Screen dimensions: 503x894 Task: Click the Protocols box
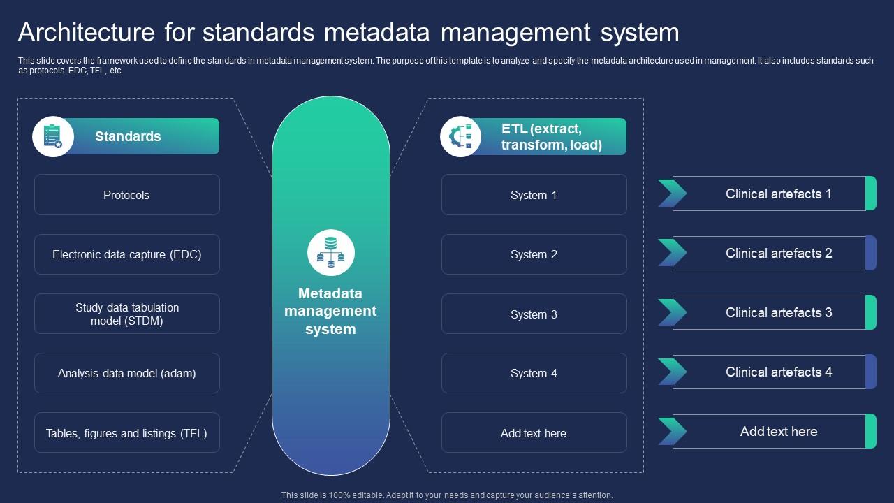[x=126, y=195]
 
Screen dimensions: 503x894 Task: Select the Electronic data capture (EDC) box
[x=126, y=254]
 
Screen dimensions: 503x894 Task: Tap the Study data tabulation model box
[x=126, y=314]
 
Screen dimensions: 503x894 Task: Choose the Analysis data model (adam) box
[x=126, y=373]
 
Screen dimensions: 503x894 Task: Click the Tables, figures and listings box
[x=126, y=433]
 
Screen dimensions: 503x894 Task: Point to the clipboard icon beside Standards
[x=53, y=136]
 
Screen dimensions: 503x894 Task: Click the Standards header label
[x=128, y=136]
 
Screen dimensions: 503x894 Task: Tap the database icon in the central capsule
[x=331, y=252]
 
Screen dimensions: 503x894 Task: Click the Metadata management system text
[x=330, y=311]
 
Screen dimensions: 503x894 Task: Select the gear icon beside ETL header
[x=460, y=136]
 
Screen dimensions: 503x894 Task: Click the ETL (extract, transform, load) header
[x=551, y=137]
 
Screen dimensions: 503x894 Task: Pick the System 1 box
[x=534, y=195]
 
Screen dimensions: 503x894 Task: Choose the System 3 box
[x=534, y=314]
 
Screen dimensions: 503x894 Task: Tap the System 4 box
[x=534, y=373]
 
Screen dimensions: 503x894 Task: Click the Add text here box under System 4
[x=534, y=433]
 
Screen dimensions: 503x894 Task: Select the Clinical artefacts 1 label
[x=778, y=194]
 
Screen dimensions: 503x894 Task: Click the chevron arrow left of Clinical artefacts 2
[x=671, y=253]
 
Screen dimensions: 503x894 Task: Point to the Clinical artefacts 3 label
[x=778, y=312]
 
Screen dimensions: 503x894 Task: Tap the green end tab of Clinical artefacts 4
[x=871, y=372]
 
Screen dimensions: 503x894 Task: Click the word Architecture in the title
[x=85, y=33]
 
